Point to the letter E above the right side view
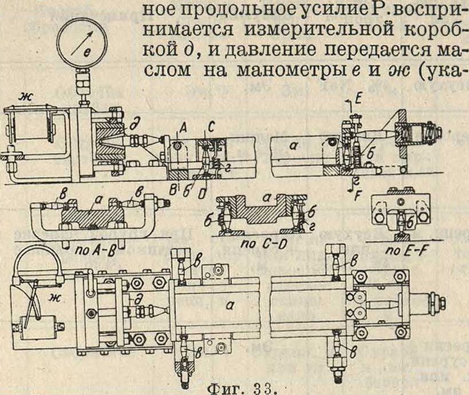click(358, 99)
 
